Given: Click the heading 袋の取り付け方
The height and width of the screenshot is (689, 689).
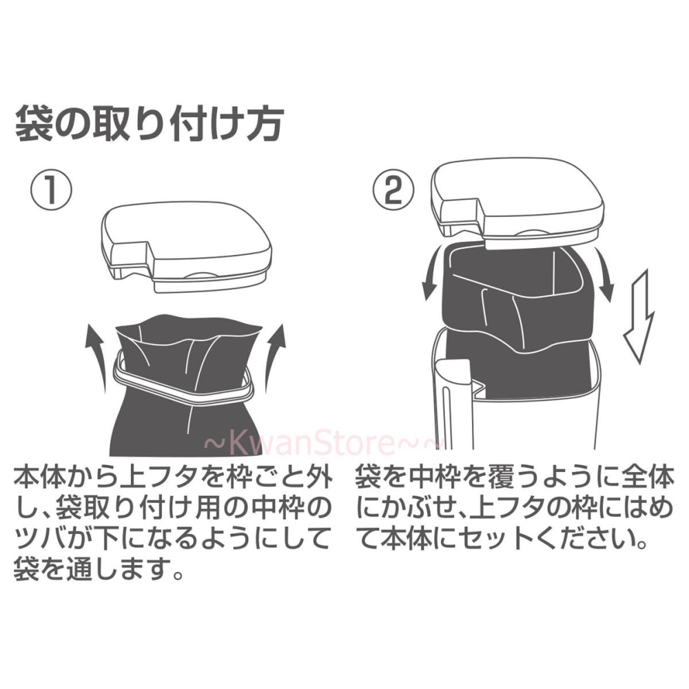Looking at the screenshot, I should pos(148,125).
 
